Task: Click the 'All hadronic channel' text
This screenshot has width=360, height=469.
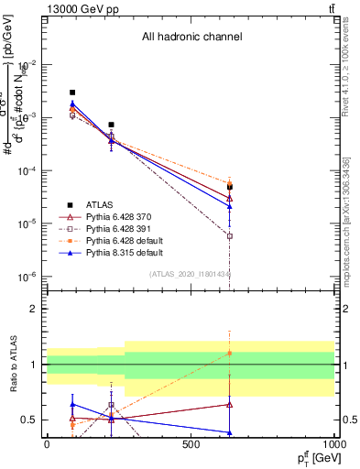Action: coord(191,38)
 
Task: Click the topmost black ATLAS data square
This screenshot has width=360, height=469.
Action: coord(72,93)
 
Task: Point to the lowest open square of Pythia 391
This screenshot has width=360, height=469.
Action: coord(230,235)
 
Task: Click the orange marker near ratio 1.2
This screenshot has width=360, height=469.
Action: coord(230,353)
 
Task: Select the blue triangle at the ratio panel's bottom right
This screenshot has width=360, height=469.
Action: coord(230,432)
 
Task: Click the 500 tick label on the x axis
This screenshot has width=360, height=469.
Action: coord(191,444)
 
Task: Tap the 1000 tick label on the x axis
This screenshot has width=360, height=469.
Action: coord(334,444)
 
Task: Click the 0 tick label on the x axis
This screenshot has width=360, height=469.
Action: coord(47,444)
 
